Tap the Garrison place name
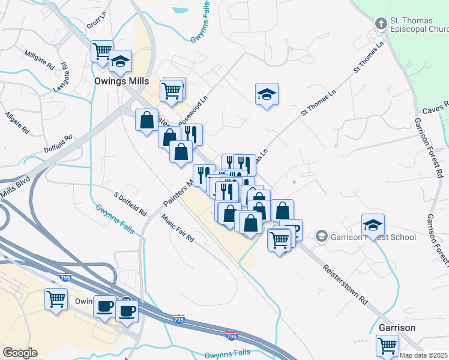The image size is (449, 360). point(397,328)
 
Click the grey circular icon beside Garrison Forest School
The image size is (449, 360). point(321,236)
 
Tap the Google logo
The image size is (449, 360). point(20,353)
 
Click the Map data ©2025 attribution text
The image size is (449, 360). point(424,355)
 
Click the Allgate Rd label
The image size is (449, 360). point(17,121)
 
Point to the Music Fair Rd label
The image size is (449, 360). point(177,229)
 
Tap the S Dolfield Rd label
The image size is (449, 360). point(130,204)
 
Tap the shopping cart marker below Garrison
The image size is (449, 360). point(387,345)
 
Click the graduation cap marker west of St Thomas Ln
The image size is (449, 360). point(267,94)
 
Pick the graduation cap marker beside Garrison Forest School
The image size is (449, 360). point(373,225)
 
